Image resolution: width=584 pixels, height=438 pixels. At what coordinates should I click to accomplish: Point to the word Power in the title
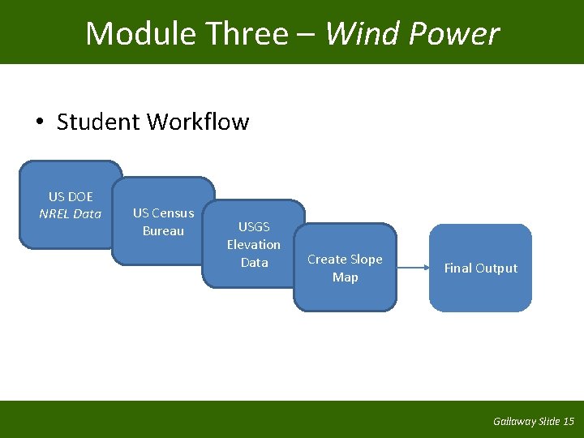(x=454, y=34)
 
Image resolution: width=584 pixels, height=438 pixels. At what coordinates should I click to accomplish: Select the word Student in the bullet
(x=99, y=122)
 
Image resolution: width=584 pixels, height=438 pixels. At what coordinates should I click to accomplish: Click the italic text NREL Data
(x=71, y=214)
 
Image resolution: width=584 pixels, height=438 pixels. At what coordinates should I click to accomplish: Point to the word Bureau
(x=163, y=231)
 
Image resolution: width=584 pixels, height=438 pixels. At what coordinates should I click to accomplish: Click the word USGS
(x=254, y=227)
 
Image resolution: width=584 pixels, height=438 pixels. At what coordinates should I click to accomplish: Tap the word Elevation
(x=254, y=245)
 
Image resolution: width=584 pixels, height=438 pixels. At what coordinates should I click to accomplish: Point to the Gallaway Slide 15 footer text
(x=533, y=422)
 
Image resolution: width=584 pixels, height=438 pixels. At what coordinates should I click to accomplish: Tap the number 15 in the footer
(x=568, y=422)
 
